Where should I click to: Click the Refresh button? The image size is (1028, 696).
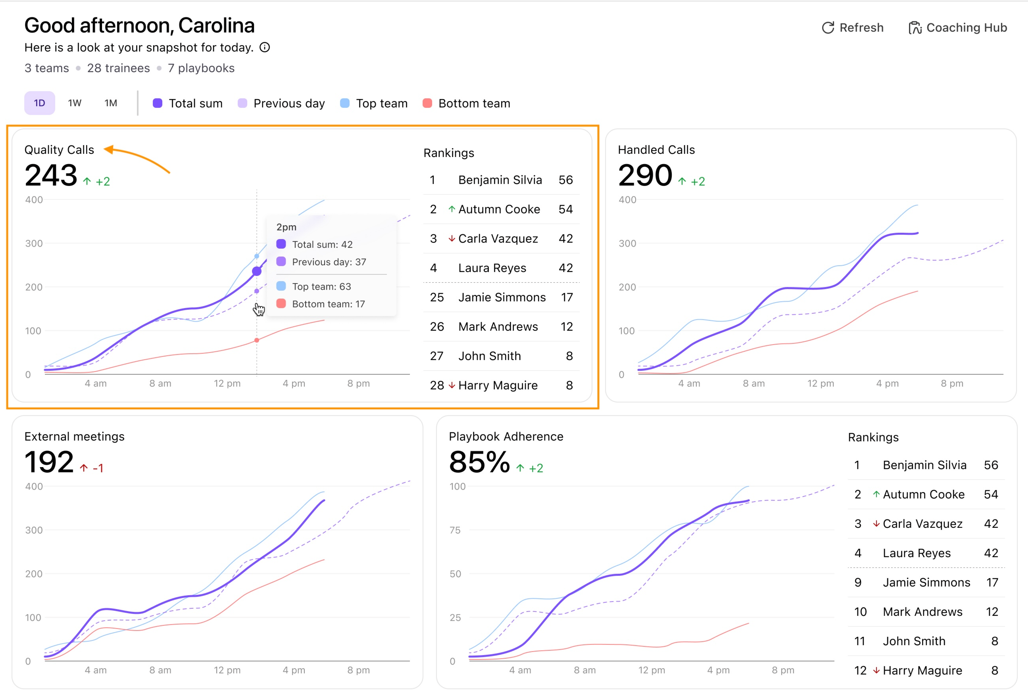852,27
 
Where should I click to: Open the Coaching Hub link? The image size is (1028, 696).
958,27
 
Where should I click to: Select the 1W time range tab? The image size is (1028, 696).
75,103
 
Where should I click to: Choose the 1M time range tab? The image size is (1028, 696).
111,103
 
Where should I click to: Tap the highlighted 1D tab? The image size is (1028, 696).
39,103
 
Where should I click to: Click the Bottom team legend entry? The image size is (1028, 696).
466,103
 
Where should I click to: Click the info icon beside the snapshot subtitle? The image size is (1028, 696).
265,47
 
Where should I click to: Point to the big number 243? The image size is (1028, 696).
51,175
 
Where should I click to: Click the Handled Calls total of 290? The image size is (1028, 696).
645,175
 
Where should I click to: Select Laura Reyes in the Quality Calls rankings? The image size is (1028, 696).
492,268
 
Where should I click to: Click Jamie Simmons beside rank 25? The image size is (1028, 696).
502,297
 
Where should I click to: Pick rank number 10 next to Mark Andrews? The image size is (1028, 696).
860,612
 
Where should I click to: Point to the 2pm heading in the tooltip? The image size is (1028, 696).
286,227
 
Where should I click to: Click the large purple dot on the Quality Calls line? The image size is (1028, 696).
257,271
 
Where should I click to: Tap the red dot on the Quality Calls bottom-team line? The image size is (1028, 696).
257,340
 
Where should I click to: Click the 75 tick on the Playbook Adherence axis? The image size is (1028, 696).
455,530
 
